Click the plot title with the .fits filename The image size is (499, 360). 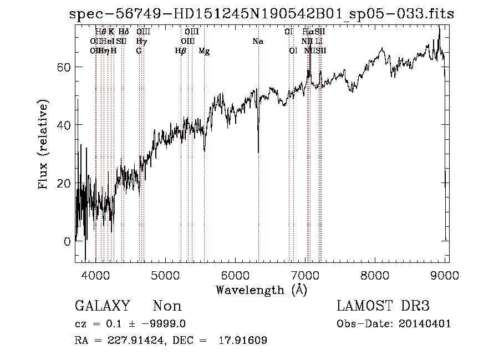261,14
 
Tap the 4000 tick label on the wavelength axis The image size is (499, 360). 96,274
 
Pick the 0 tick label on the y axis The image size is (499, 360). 67,241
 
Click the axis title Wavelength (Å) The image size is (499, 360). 261,290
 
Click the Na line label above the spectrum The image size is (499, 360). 257,42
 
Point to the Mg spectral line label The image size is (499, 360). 204,51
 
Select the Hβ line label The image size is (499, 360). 180,51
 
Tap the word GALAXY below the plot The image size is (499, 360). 103,306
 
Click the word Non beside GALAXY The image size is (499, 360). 167,306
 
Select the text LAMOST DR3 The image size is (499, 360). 383,306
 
